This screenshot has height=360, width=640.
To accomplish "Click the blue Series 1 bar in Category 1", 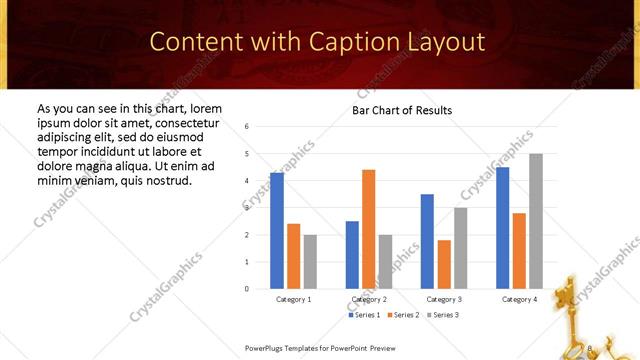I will click(277, 231).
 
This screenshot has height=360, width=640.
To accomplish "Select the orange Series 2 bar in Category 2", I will click(368, 229).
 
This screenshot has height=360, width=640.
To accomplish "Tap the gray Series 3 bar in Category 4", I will click(536, 221).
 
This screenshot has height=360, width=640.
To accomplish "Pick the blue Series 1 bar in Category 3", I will click(427, 241).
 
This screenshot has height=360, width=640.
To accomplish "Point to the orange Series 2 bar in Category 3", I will click(444, 264).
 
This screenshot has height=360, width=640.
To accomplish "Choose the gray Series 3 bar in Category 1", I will click(310, 262).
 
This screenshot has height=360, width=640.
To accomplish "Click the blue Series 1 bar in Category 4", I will click(502, 228).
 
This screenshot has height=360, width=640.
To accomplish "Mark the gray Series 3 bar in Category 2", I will click(385, 262).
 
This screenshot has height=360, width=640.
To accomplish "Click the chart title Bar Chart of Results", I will click(402, 110).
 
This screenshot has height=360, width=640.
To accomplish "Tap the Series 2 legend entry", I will click(402, 315).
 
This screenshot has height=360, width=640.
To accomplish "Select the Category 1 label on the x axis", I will click(293, 299).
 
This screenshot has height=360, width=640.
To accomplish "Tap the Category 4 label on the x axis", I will click(519, 299).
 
